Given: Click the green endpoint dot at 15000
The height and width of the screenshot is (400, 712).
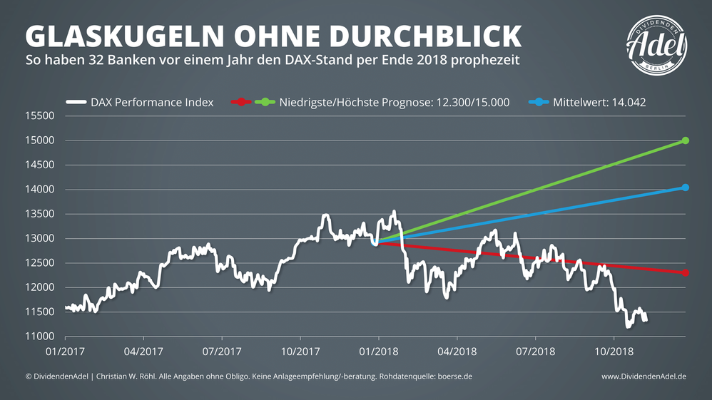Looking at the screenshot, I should tap(686, 140).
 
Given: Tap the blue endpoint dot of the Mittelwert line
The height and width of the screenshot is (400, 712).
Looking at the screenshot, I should tap(686, 188).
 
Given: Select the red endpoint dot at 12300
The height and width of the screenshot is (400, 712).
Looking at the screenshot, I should tap(686, 272).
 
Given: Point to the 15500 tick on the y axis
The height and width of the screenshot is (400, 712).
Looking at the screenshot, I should tap(40, 116).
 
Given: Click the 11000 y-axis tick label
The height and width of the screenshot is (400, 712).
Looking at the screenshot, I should tap(40, 337).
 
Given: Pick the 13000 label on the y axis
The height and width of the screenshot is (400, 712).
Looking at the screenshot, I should tap(40, 238).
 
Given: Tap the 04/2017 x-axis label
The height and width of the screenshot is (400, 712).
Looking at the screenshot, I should tap(143, 352).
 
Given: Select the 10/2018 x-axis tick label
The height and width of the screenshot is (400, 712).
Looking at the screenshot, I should tap(614, 352).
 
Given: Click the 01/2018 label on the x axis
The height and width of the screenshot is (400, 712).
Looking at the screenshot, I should tap(379, 352).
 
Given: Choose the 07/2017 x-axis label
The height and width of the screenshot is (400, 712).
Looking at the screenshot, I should tap(222, 352).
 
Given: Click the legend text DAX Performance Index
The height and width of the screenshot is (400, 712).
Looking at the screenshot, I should tap(152, 102).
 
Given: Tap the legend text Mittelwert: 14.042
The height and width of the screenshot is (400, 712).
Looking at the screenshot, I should tap(599, 102).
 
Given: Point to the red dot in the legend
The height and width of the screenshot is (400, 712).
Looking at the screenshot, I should tap(243, 102).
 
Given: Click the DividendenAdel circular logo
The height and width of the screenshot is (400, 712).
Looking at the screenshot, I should tap(657, 44).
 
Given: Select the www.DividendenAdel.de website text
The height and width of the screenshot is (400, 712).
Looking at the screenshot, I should tap(644, 376).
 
